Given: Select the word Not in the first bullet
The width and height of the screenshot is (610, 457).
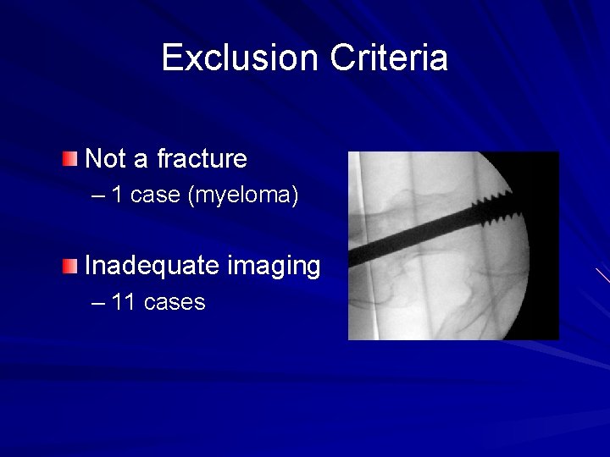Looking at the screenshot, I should tap(104, 158).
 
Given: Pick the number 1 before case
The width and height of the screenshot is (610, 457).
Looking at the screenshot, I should tap(118, 195).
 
